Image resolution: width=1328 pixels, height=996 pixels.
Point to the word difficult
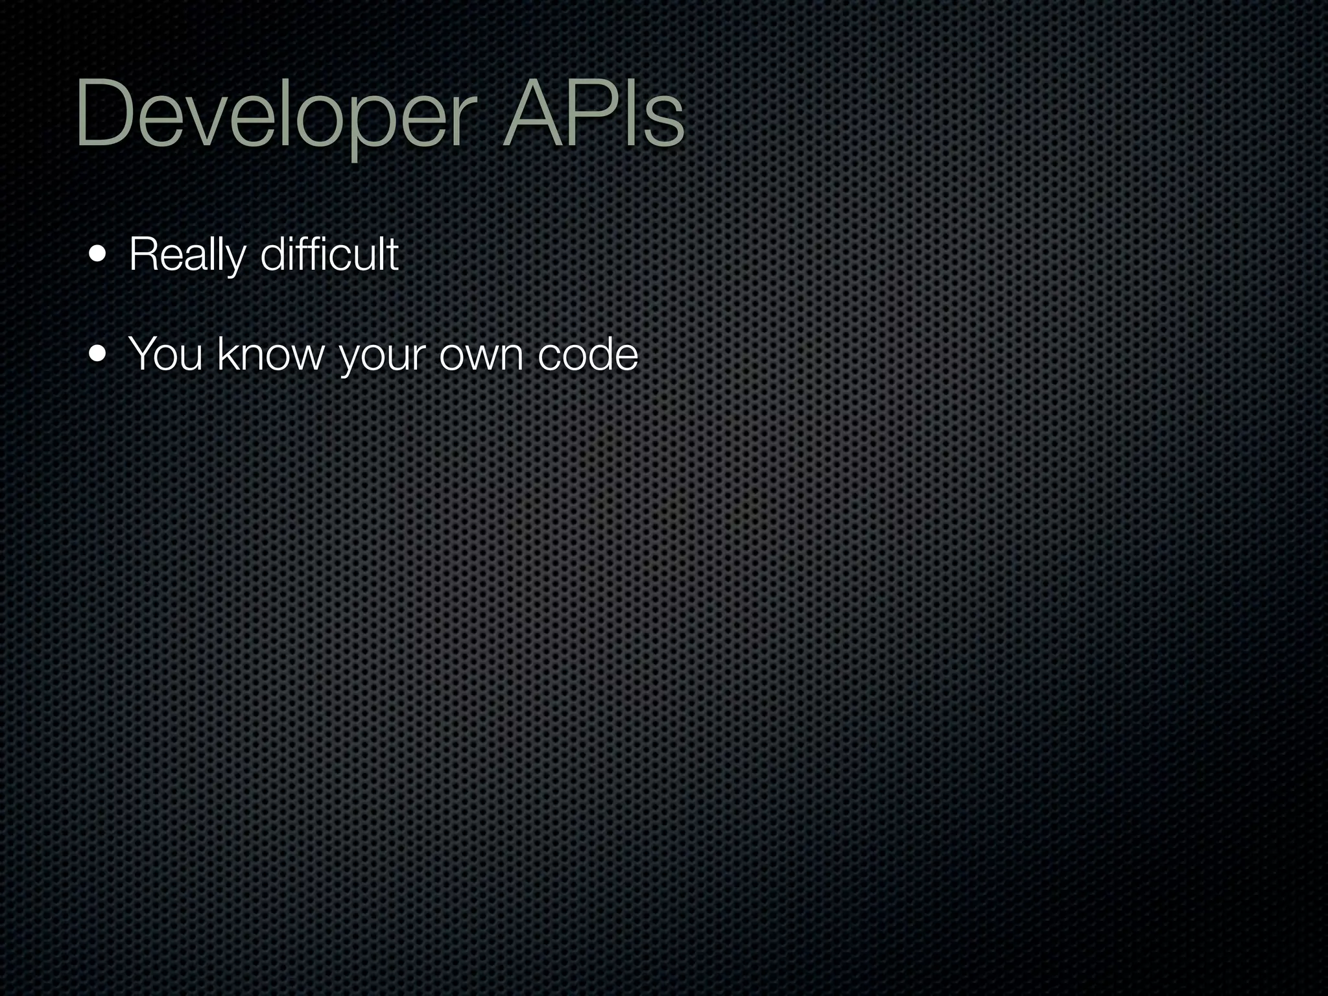click(x=329, y=254)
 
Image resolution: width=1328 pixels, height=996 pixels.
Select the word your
click(x=382, y=355)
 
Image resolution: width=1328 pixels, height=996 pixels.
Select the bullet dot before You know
click(x=98, y=355)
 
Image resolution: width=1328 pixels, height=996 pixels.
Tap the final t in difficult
click(x=393, y=254)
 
